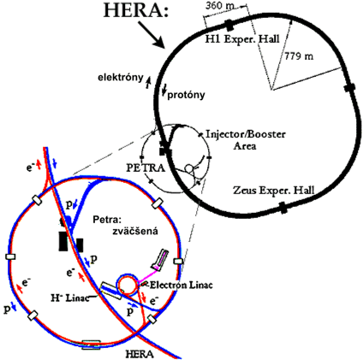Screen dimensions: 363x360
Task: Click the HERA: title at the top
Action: (136, 10)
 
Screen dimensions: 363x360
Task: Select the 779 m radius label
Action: (299, 56)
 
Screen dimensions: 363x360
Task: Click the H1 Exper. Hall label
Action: (242, 39)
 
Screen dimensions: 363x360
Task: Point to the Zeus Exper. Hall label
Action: (273, 190)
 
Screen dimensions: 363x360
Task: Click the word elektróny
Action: (121, 77)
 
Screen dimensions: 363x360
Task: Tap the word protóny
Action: (186, 95)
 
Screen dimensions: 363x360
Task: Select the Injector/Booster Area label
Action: (246, 140)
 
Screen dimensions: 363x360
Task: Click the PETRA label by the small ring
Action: (146, 168)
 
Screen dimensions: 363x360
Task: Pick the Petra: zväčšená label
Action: (126, 225)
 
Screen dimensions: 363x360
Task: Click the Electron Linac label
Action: (181, 285)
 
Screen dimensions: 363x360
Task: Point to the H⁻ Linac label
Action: (70, 298)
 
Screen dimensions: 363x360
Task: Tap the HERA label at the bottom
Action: (140, 354)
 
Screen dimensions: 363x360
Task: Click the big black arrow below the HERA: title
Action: (152, 35)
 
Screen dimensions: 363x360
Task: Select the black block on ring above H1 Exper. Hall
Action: (229, 26)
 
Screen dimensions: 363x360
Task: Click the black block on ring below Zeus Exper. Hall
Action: (283, 208)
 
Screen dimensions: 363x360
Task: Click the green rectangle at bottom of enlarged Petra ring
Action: (91, 345)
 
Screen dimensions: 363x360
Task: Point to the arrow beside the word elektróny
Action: (148, 82)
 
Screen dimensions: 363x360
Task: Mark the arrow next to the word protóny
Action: (164, 90)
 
